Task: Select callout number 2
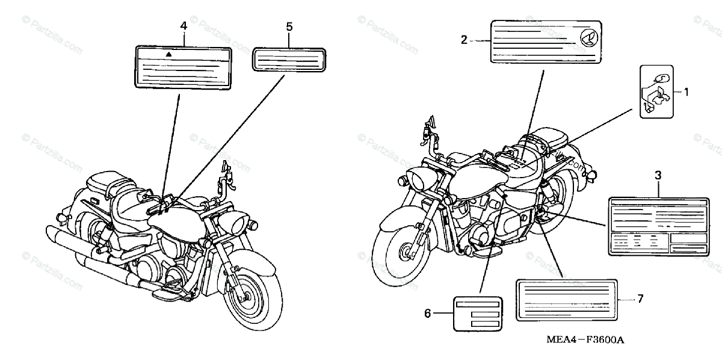tap(464, 40)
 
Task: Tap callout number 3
tap(658, 175)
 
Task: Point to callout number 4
tap(184, 26)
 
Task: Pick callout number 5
tap(289, 26)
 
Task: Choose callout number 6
tap(428, 313)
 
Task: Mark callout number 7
tap(640, 299)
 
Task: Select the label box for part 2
tap(546, 41)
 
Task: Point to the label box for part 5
tap(289, 61)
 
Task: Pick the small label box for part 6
tap(478, 313)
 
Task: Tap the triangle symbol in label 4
tap(169, 54)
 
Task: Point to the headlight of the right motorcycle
tap(418, 179)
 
